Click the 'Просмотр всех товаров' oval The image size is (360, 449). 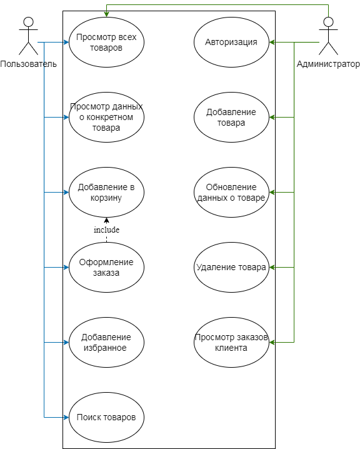[x=106, y=42]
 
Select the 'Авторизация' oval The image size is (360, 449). [x=231, y=42]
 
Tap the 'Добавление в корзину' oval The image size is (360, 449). [x=106, y=192]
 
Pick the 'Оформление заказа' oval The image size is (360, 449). [x=106, y=267]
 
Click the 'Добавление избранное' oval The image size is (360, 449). [x=106, y=342]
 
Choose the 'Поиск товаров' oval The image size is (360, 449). [x=106, y=417]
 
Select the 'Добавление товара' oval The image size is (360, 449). [x=231, y=117]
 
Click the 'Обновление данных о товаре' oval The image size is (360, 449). [x=231, y=192]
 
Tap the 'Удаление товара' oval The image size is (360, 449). [x=231, y=267]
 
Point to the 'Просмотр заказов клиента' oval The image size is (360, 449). [x=231, y=342]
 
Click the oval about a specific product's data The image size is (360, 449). [x=106, y=117]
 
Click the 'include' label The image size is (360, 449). [x=106, y=230]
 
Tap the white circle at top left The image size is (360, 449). [x=28, y=22]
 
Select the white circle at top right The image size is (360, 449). [x=328, y=22]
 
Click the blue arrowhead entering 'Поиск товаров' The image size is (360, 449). [x=66, y=417]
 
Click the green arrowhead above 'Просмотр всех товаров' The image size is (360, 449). [x=106, y=14]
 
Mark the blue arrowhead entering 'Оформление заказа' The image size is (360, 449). [x=66, y=267]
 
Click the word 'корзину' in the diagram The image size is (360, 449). [x=106, y=198]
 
